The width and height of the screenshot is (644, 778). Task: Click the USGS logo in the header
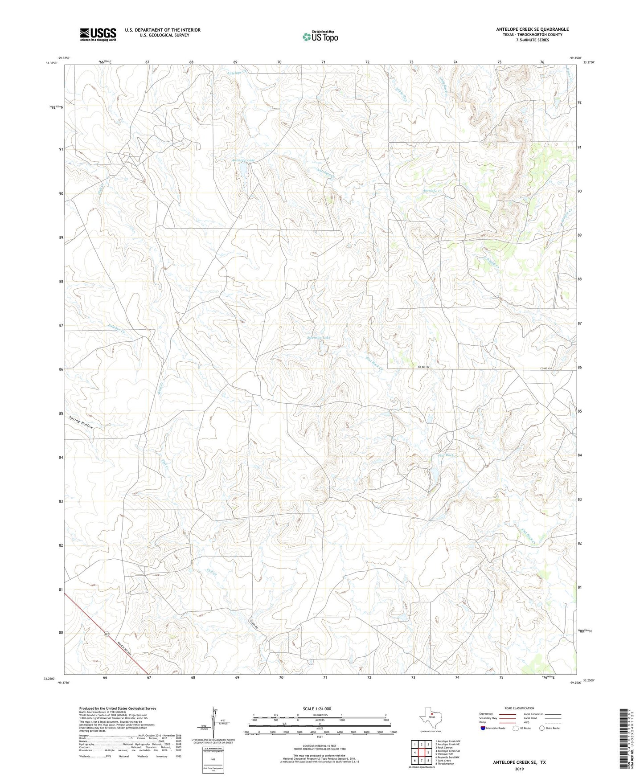(x=98, y=34)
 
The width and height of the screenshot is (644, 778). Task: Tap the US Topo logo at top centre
(x=320, y=37)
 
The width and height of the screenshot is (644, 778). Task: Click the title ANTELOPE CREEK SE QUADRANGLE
(x=532, y=29)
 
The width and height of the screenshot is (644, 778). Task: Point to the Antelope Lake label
(x=243, y=160)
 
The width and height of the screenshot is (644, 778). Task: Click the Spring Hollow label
(x=81, y=422)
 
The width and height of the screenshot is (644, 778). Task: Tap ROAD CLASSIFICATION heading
(x=519, y=708)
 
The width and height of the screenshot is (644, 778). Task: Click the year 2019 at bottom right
(x=519, y=769)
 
